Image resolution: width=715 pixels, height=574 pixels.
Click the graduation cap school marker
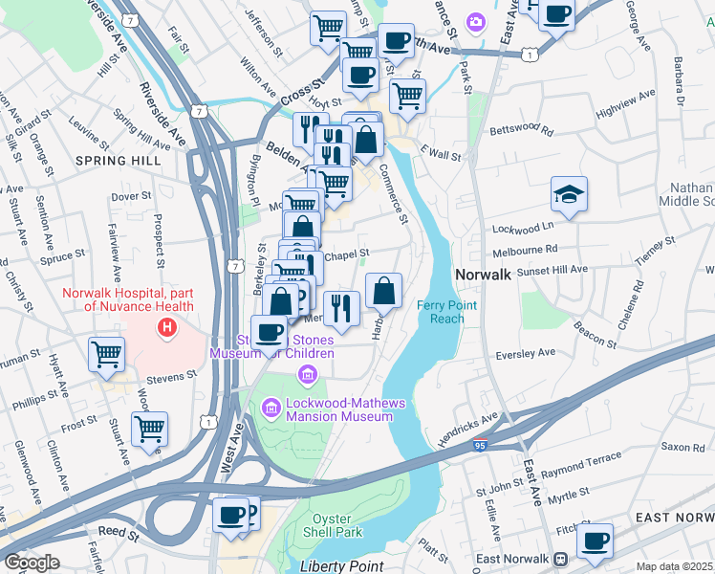pos(569,196)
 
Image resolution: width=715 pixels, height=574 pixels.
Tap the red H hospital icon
pos(168,329)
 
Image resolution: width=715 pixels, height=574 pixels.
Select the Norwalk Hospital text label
pos(128,299)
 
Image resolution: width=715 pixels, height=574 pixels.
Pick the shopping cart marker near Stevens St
pos(106,354)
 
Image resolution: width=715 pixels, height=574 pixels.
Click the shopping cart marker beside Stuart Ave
pos(150,429)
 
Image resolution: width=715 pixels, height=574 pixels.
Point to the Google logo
pos(32,563)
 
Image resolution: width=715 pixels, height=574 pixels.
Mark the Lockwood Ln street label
pos(523,228)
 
